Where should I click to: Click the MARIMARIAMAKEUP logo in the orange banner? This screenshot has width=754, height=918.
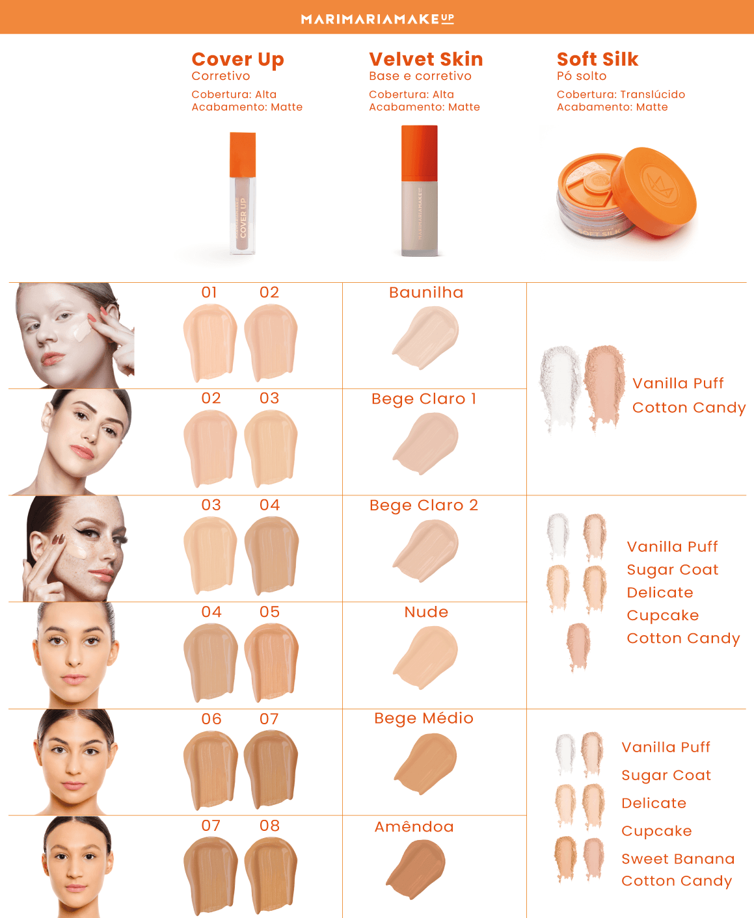coord(377,19)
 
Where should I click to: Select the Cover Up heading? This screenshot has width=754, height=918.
coord(237,59)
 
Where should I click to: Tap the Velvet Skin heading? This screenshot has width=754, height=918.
coord(425,59)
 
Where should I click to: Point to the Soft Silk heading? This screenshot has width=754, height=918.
coord(597,59)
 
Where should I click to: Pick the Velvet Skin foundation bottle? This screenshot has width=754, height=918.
coord(420,192)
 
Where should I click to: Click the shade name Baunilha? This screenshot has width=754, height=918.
coord(426,293)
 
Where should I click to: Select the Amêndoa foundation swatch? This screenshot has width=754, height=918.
coord(416,868)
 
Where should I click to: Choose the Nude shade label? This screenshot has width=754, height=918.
coord(426,612)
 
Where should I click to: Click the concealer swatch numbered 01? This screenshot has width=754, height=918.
coord(209,343)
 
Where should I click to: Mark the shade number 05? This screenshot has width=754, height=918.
coord(269,612)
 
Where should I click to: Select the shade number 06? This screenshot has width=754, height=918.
coord(211,719)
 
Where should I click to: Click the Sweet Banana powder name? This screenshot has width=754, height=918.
coord(677,859)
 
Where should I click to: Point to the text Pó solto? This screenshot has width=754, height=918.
coord(581,76)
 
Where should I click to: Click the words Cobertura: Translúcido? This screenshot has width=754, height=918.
coord(620,94)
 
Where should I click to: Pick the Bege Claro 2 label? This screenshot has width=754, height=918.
coord(424,505)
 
